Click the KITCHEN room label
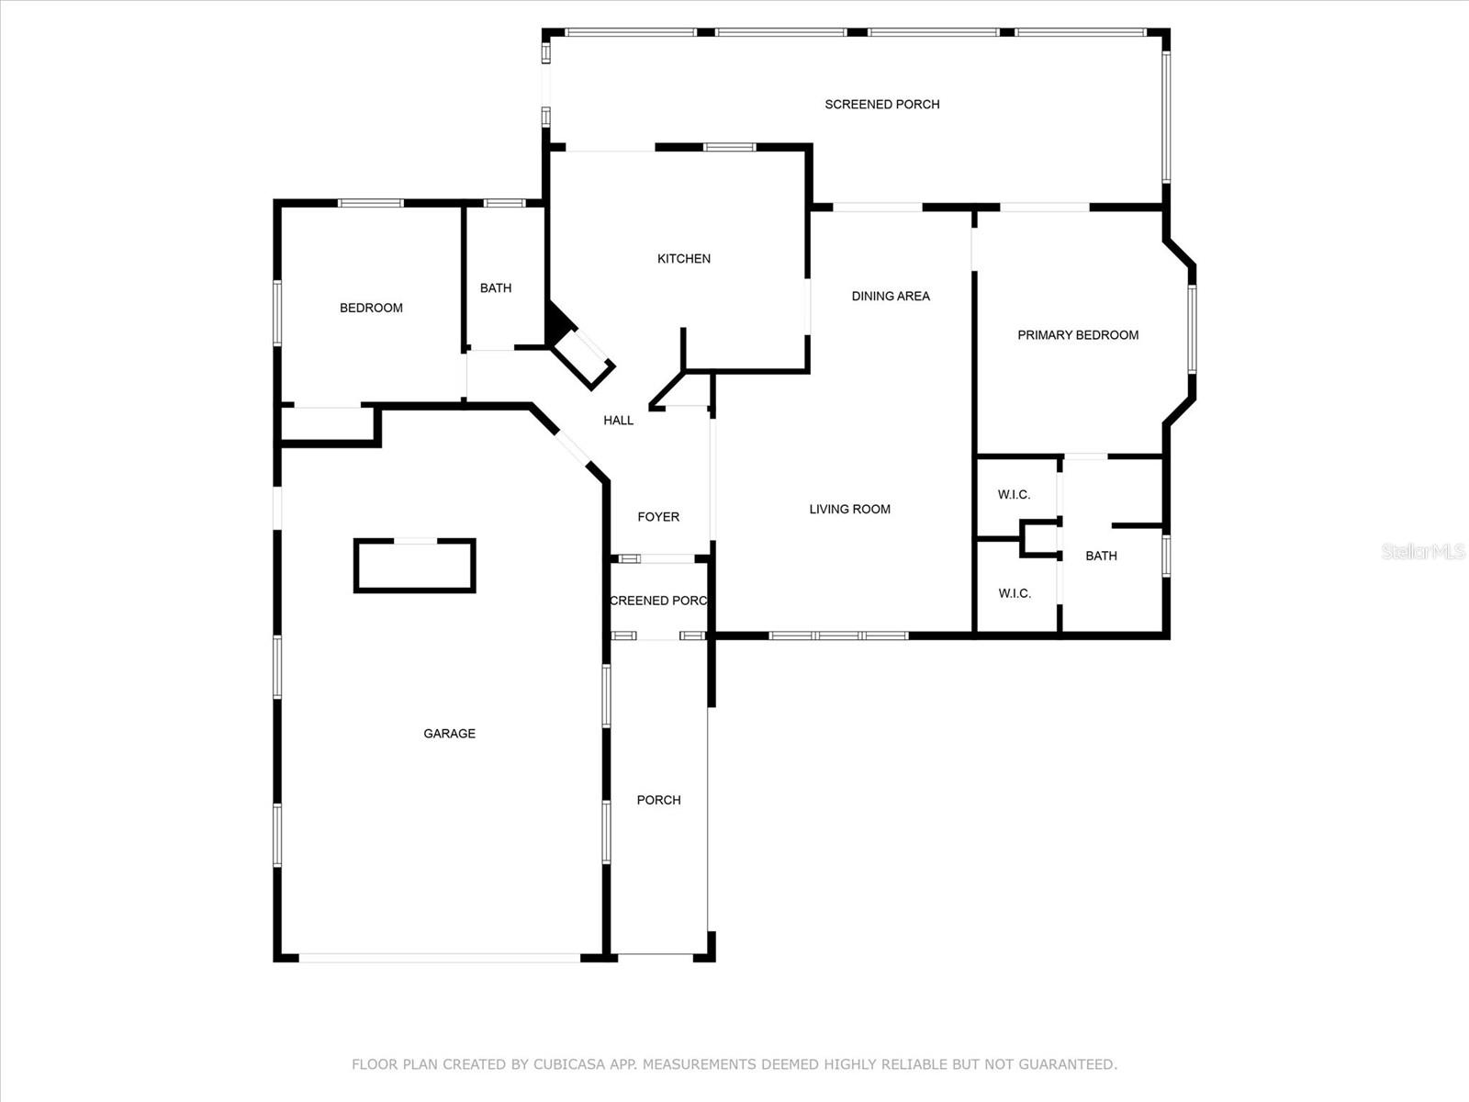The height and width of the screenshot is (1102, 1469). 683,259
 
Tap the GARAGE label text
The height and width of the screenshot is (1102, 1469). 449,734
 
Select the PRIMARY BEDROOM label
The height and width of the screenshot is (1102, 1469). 1078,335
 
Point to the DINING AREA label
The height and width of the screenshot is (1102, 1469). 890,297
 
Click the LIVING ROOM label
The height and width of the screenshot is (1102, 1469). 849,509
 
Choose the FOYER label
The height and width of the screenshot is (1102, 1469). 658,517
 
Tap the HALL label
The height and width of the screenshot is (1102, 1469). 618,421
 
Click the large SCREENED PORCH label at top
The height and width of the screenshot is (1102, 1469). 881,105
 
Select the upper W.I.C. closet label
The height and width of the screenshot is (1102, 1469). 1014,495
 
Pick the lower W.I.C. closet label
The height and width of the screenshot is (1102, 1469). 1014,593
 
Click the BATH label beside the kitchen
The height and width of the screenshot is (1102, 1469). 495,288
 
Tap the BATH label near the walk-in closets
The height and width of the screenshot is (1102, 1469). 1101,556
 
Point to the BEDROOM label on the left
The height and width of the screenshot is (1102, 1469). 371,309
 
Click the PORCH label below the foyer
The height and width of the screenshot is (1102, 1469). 658,800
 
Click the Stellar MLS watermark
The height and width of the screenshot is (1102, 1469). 1423,551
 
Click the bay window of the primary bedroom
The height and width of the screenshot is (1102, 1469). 1192,329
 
